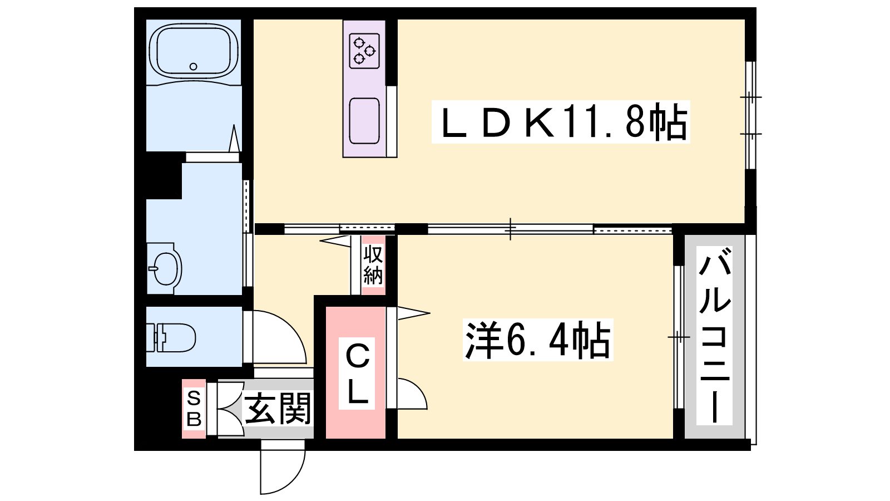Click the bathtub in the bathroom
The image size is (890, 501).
click(194, 51)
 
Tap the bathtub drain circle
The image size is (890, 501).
click(194, 66)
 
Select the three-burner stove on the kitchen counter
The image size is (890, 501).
click(364, 51)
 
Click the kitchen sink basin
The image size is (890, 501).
click(364, 121)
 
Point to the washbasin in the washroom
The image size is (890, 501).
click(165, 268)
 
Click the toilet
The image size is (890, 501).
click(171, 337)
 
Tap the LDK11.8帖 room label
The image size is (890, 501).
click(561, 122)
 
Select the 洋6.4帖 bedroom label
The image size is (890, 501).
click(538, 340)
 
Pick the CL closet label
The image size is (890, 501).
click(357, 374)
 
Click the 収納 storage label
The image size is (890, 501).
click(373, 264)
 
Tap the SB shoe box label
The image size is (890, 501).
click(194, 409)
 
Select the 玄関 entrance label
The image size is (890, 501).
click(278, 408)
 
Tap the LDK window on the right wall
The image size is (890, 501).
click(750, 115)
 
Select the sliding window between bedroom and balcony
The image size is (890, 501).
click(679, 337)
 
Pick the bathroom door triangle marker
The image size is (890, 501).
click(234, 138)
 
